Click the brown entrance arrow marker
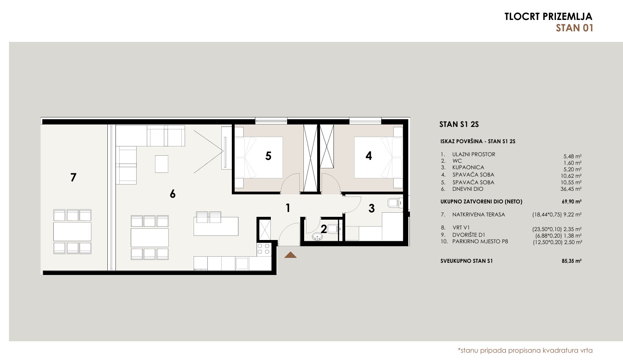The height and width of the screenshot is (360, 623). click(290, 255)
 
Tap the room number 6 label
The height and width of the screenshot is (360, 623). click(173, 194)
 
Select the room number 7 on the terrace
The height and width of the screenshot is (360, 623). click(73, 177)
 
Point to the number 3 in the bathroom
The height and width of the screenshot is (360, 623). click(372, 208)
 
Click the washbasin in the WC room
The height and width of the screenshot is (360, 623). click(317, 237)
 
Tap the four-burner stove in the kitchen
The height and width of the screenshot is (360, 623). click(264, 249)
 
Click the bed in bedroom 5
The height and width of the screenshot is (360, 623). click(259, 157)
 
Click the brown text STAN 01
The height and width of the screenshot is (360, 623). click(574, 28)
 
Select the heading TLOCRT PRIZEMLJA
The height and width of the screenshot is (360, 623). click(549, 16)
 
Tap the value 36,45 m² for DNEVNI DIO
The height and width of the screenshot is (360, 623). click(571, 189)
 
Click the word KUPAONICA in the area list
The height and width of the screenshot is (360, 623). click(468, 168)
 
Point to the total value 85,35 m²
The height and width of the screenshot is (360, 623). click(571, 261)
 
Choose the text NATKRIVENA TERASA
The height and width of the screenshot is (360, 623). click(479, 214)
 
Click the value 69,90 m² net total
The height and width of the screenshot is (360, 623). click(571, 201)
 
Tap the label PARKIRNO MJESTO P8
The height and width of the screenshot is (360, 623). click(480, 242)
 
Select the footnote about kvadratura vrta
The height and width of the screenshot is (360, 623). click(525, 351)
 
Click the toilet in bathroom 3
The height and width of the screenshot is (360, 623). click(394, 203)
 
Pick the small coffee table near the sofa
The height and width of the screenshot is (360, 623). click(161, 164)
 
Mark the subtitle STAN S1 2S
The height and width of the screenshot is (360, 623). click(459, 124)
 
